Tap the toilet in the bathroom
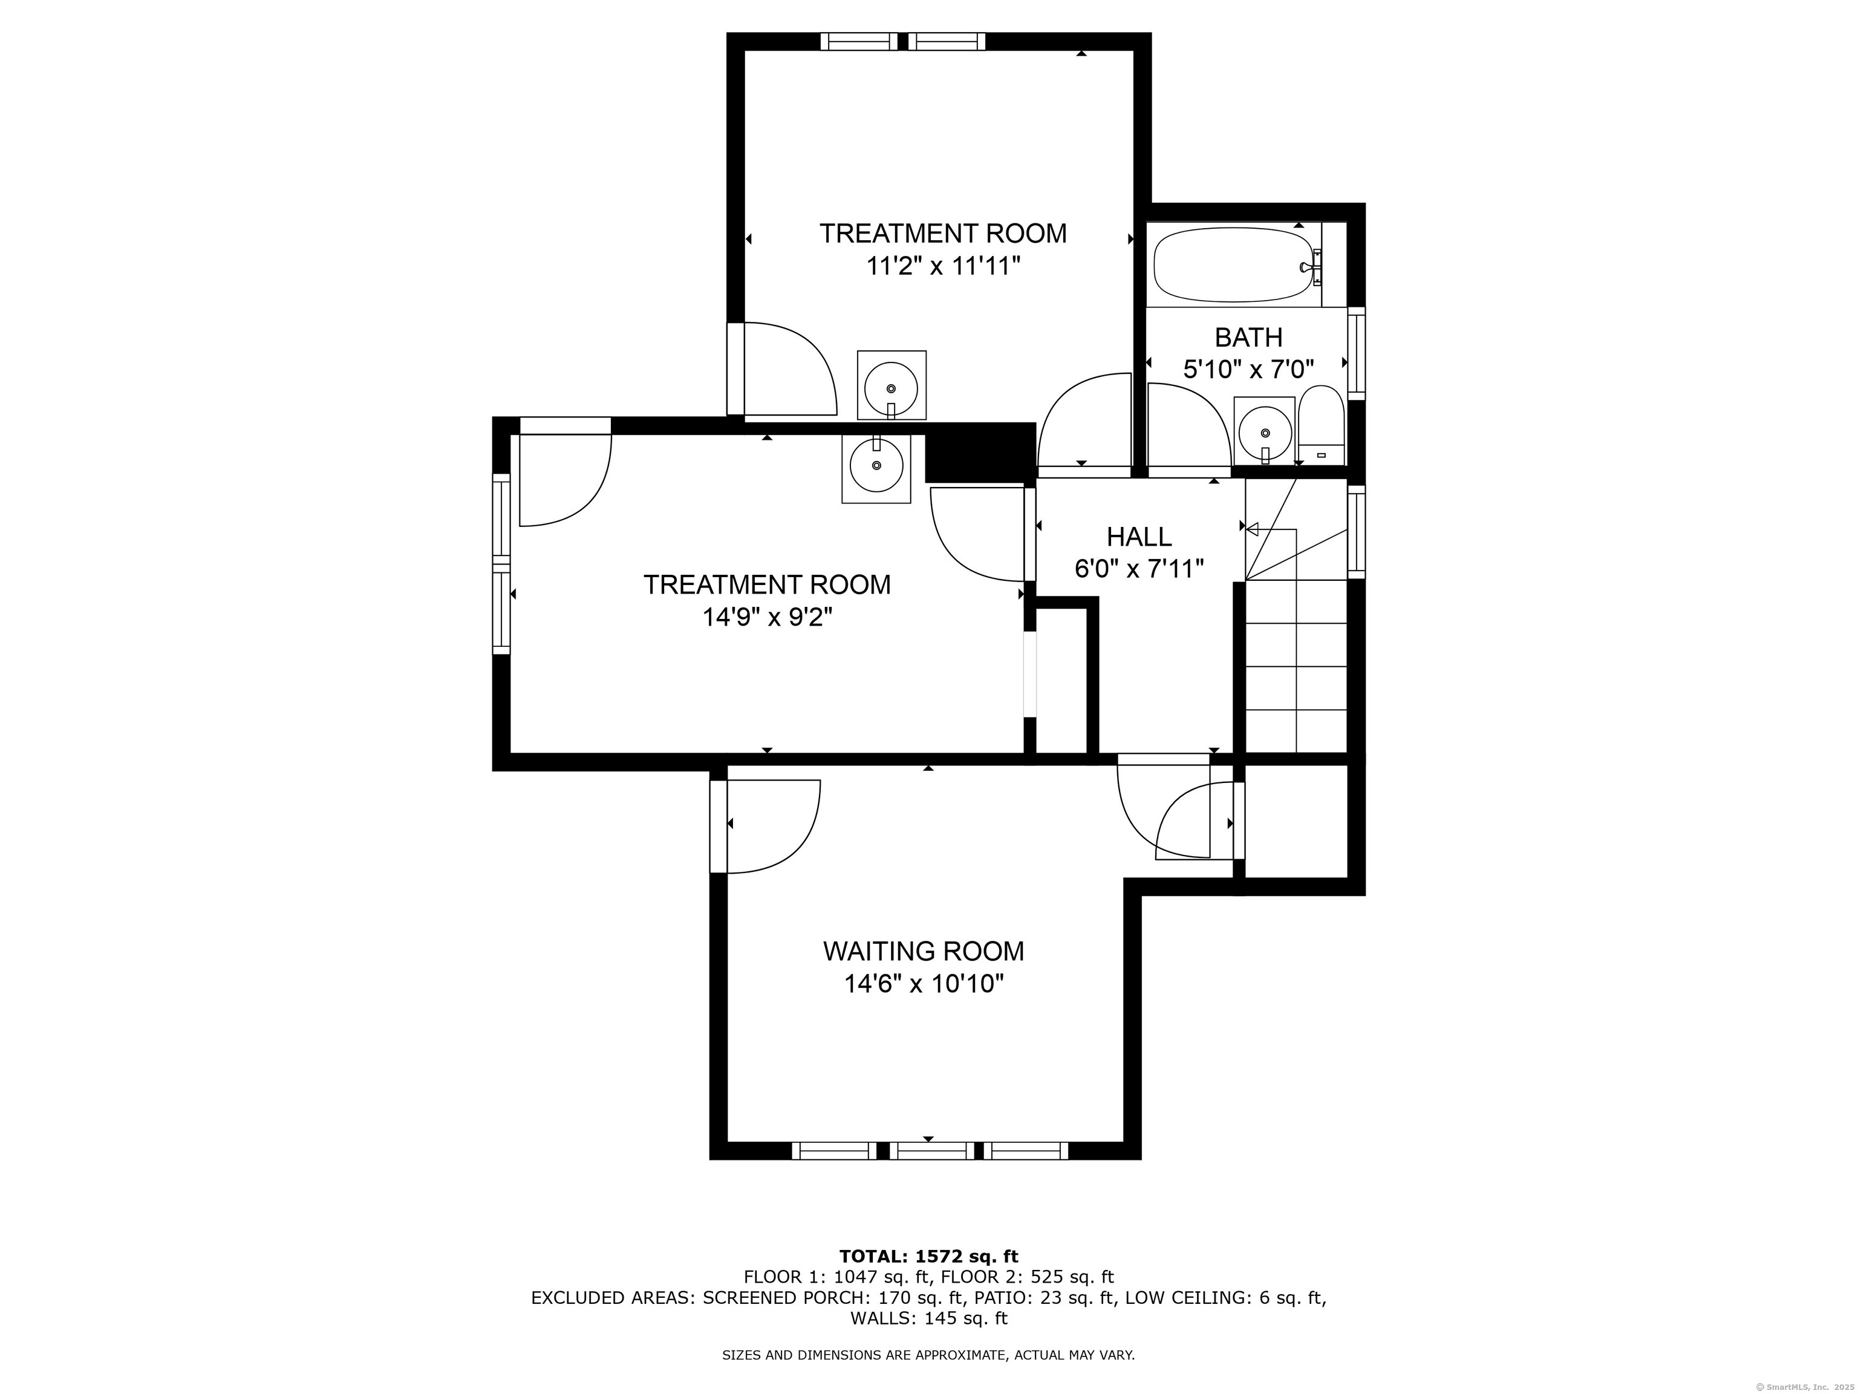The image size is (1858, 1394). click(x=1322, y=425)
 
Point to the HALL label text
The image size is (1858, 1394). click(x=1139, y=536)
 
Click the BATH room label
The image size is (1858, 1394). click(x=1248, y=338)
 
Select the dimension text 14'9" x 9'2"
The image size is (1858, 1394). click(x=767, y=618)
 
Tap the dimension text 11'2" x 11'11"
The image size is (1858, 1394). click(x=944, y=266)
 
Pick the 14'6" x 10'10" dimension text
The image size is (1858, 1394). click(x=924, y=984)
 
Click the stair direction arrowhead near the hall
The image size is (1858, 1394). click(x=1251, y=529)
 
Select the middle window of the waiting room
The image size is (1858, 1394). click(x=931, y=1150)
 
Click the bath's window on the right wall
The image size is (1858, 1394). click(x=1356, y=353)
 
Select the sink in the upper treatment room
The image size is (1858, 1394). click(x=892, y=387)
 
